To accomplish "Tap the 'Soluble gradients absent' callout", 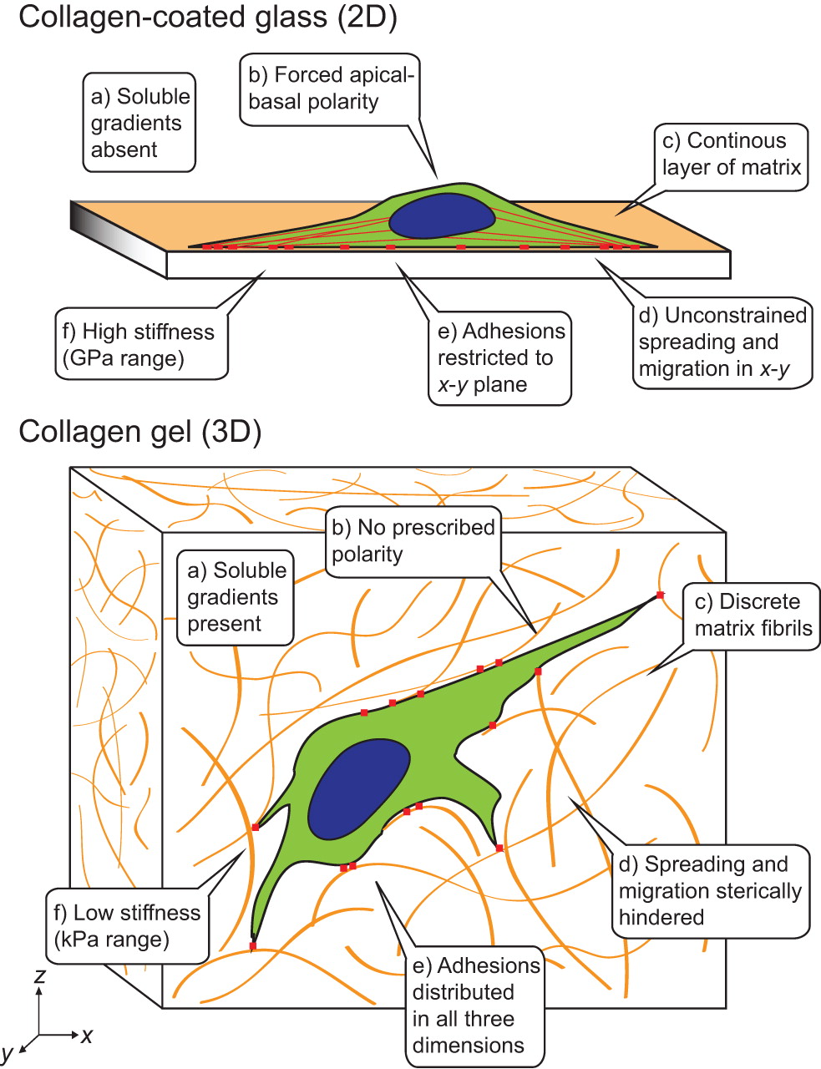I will (140, 123).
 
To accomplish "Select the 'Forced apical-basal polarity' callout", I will (330, 89).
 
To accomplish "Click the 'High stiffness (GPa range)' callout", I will (138, 345).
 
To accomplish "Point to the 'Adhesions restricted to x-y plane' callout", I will (500, 358).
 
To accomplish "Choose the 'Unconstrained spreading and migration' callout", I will (722, 342).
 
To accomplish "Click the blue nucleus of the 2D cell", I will (442, 216).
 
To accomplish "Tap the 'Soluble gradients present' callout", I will (236, 597).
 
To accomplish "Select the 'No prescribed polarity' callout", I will (413, 541).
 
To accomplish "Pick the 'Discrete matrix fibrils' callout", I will (753, 616).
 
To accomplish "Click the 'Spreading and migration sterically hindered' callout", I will (709, 890).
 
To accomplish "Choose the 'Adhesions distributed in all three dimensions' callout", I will (475, 1006).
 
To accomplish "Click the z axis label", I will (39, 975).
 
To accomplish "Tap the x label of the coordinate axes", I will (87, 1036).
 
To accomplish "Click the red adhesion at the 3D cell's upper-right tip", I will (660, 595).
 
